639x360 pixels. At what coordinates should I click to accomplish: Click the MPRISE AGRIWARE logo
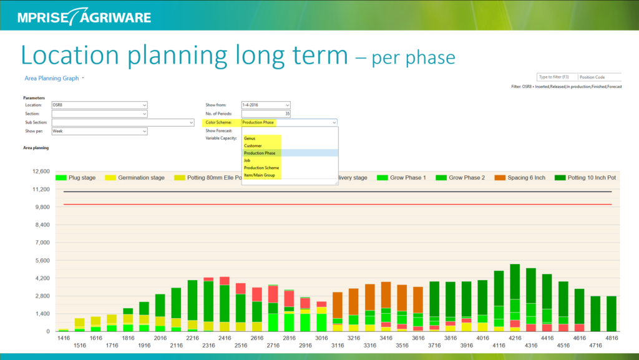tap(84, 16)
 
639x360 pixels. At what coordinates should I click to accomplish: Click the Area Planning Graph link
tap(52, 79)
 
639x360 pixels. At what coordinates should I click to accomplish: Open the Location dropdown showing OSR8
tap(99, 105)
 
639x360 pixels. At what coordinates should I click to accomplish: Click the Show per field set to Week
tap(99, 132)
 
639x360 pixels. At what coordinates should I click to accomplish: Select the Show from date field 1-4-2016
tap(265, 105)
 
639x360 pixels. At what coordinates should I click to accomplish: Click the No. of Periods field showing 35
tap(265, 114)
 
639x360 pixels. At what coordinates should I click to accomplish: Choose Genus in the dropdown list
tap(250, 139)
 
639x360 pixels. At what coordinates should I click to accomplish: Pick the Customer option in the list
tap(253, 146)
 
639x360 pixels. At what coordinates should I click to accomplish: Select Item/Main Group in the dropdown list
tap(260, 175)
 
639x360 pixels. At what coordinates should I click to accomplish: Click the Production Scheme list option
tap(261, 168)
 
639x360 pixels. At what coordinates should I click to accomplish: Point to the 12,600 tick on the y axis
tap(39, 172)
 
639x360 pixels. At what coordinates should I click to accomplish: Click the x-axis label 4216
tap(515, 338)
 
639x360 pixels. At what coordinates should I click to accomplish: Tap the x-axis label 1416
tap(64, 338)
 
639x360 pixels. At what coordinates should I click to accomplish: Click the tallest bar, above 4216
tap(515, 293)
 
